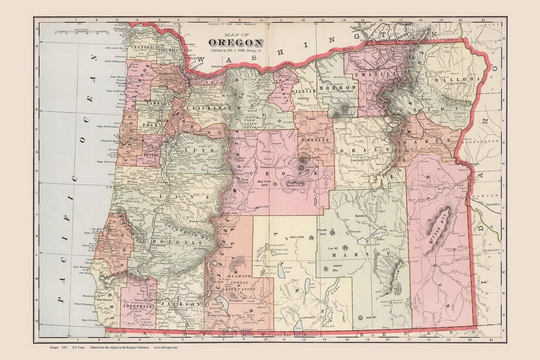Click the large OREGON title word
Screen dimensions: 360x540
click(x=235, y=42)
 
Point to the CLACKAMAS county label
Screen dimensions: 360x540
click(x=203, y=107)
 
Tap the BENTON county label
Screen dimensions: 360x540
click(x=151, y=155)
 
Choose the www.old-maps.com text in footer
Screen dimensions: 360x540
click(x=165, y=346)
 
